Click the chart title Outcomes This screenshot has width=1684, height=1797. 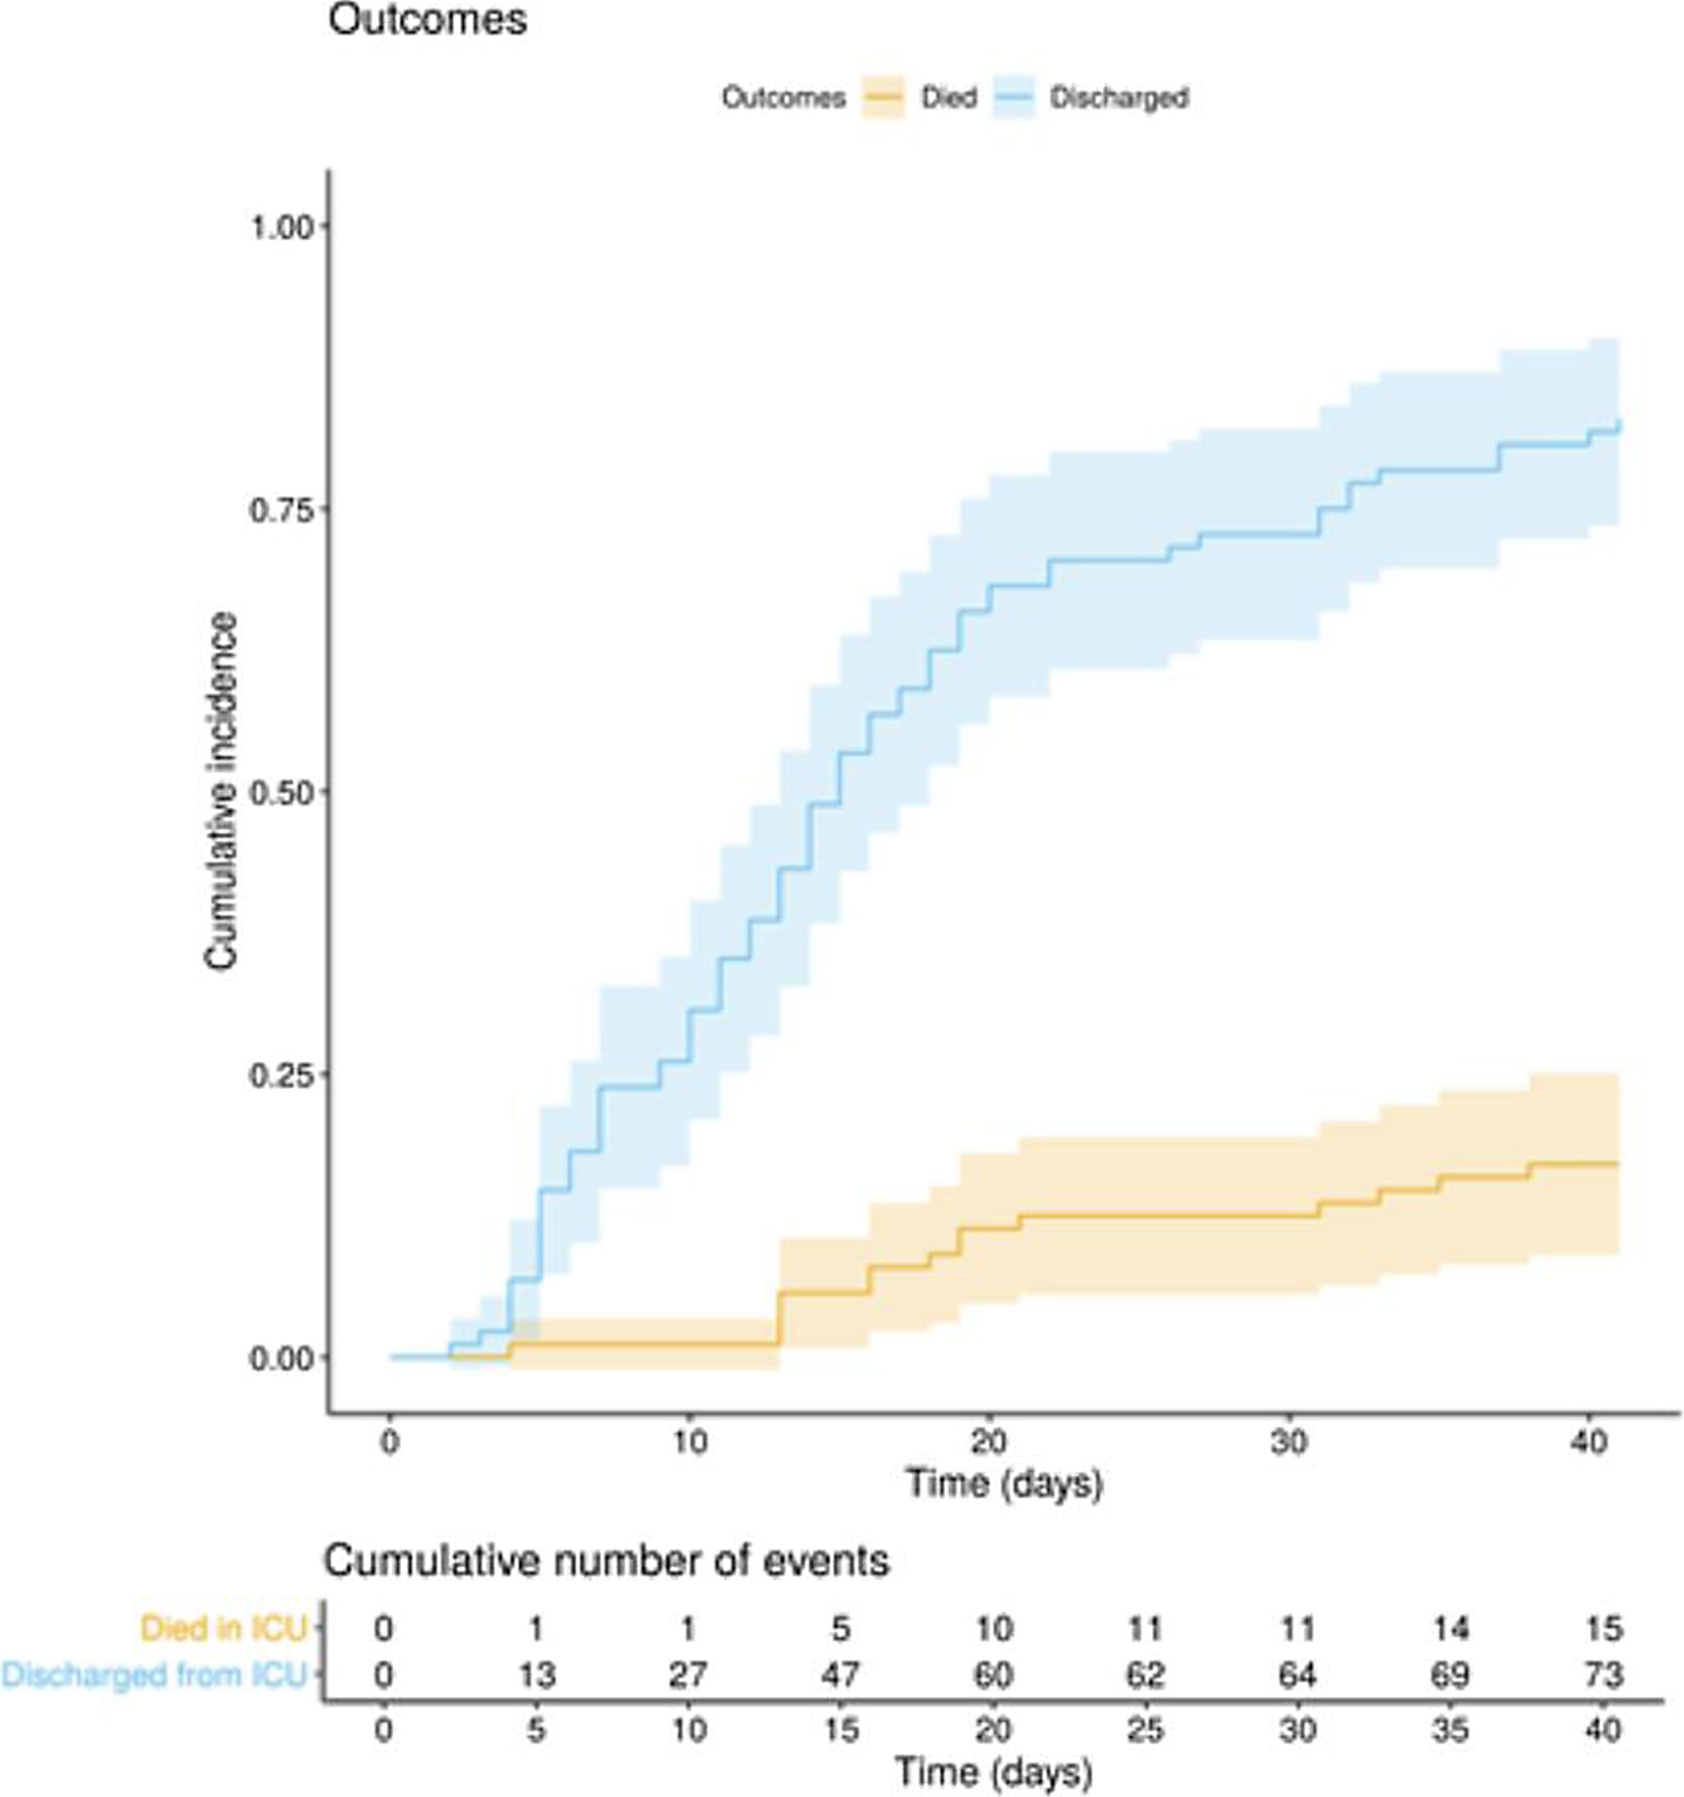pos(427,21)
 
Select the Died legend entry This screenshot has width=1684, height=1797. pos(948,98)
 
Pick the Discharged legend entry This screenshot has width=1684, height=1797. pos(1118,98)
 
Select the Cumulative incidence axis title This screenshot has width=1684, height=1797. pos(221,792)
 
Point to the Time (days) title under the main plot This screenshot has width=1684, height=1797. pos(1004,1483)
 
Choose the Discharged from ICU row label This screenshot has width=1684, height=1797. pos(155,1675)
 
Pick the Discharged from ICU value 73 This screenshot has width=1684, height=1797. pos(1603,1675)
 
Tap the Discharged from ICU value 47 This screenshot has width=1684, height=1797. pos(841,1675)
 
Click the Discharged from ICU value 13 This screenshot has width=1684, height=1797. pos(536,1675)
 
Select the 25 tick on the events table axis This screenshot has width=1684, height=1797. pos(1145,1730)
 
